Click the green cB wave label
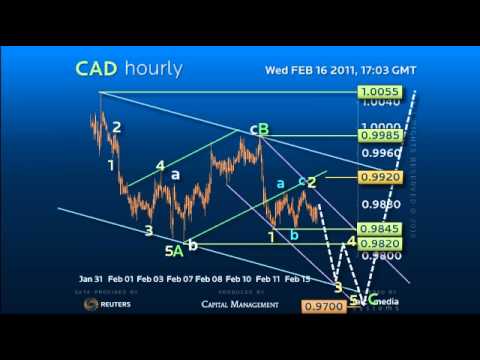(x=259, y=128)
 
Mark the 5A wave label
(x=173, y=250)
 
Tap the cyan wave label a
(x=280, y=183)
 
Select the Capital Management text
(x=240, y=304)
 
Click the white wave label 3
(x=148, y=231)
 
